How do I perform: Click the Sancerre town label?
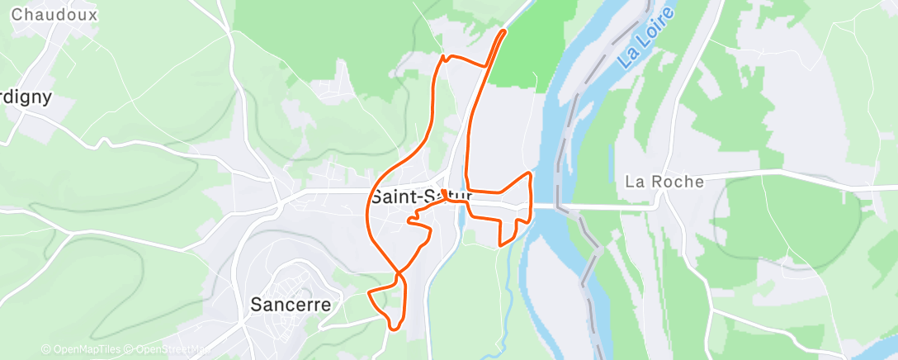tap(291, 304)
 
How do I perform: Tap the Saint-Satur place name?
tap(420, 197)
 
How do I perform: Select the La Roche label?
tap(664, 182)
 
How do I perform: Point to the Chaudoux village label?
tap(54, 15)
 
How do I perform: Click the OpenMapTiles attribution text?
tap(81, 349)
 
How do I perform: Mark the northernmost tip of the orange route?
tap(504, 31)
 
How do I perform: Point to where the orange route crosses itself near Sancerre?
tap(399, 272)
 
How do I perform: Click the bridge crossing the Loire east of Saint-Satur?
tap(549, 206)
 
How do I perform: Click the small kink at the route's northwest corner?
tap(444, 57)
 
